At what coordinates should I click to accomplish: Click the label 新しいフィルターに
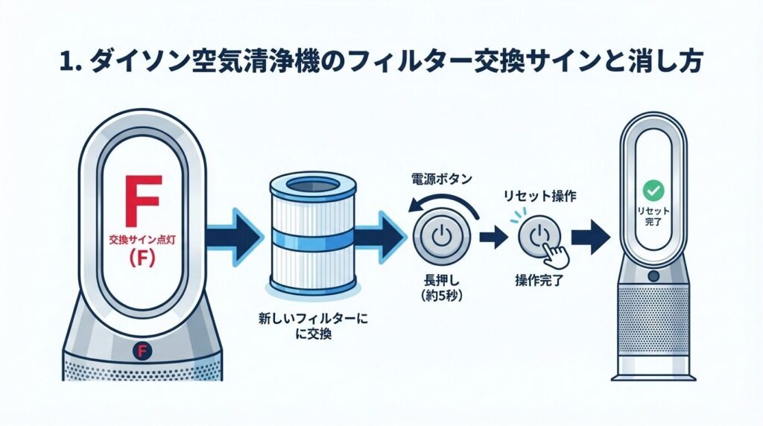(x=311, y=319)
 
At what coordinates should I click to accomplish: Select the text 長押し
(x=439, y=283)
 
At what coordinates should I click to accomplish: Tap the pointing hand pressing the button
(x=553, y=253)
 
